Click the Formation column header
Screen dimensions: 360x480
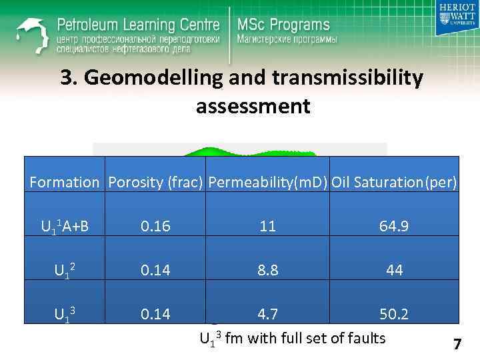pyautogui.click(x=64, y=182)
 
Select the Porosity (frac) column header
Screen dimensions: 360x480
pyautogui.click(x=155, y=182)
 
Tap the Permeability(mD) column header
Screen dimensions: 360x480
pyautogui.click(x=268, y=182)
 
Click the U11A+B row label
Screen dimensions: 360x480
pyautogui.click(x=65, y=227)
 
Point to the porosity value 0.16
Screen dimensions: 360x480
pyautogui.click(x=155, y=227)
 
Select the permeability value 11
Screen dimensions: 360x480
pyautogui.click(x=268, y=227)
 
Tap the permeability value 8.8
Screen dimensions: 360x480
pyautogui.click(x=268, y=271)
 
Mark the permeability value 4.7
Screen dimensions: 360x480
pyautogui.click(x=268, y=314)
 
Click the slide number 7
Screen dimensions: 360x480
pyautogui.click(x=457, y=345)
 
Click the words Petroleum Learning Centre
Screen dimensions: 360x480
pyautogui.click(x=138, y=25)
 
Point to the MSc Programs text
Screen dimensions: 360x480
pyautogui.click(x=283, y=25)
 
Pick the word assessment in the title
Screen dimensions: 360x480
pyautogui.click(x=253, y=106)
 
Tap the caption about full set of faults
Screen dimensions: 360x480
pyautogui.click(x=293, y=339)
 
